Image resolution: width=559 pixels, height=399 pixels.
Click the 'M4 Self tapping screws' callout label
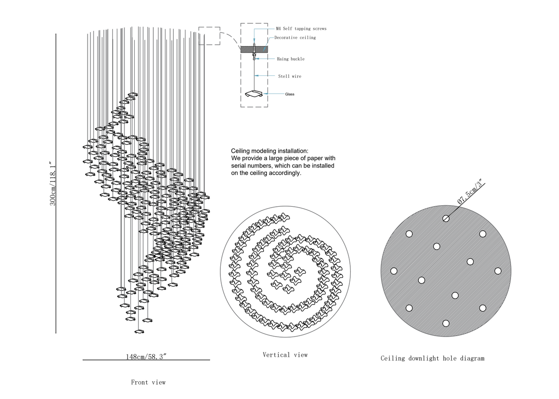(301, 29)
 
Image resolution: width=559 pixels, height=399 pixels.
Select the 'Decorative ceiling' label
(295, 38)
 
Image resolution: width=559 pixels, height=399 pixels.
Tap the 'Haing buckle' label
(291, 59)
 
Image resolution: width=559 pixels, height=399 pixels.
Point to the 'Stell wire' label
(290, 76)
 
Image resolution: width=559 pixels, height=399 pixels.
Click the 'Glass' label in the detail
(290, 94)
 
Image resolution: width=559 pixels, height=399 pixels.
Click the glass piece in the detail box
(254, 94)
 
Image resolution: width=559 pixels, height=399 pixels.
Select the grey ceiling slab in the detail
(254, 49)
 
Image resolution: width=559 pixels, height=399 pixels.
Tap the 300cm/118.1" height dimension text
(53, 184)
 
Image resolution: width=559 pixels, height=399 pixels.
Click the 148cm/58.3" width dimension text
(146, 357)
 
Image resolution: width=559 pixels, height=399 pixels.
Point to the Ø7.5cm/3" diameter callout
(470, 191)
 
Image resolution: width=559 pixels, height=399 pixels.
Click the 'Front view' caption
(148, 382)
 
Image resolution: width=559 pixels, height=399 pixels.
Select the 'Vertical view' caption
(285, 355)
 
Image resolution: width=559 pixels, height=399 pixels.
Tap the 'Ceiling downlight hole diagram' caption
(432, 358)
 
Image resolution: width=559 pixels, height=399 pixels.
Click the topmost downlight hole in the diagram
(446, 219)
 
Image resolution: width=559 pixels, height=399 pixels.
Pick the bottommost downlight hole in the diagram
(446, 324)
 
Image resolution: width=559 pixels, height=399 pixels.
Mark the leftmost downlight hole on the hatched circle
(394, 271)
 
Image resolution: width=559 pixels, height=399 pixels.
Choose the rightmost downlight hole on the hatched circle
(498, 271)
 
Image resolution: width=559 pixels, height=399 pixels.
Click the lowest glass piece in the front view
(139, 331)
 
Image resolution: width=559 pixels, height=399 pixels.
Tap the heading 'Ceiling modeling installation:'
(270, 151)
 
